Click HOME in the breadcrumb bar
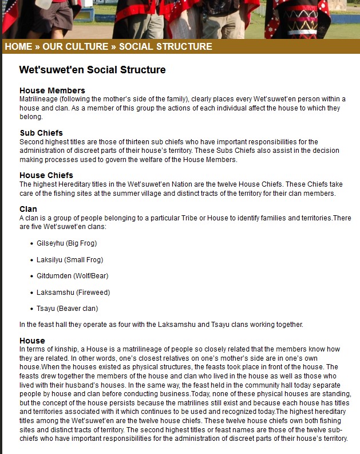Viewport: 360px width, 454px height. click(18, 47)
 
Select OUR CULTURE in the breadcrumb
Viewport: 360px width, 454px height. click(75, 47)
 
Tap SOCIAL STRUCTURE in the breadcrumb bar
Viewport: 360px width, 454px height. click(165, 47)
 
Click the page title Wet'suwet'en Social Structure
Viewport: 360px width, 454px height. click(92, 70)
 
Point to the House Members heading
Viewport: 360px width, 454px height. click(52, 90)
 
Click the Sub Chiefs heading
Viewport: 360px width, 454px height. click(41, 133)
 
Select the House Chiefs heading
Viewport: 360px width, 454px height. click(46, 175)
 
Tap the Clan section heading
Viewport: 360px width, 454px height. click(28, 209)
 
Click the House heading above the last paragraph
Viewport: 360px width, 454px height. click(32, 341)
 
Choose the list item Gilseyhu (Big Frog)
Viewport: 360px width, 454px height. click(66, 243)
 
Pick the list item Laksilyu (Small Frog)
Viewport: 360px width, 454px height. click(70, 260)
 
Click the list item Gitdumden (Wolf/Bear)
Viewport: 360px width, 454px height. click(72, 276)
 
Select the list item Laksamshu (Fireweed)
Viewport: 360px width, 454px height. click(73, 293)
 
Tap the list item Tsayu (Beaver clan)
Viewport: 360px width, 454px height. click(67, 309)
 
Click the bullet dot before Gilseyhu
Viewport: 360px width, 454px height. click(31, 244)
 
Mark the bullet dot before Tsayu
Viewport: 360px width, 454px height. click(31, 309)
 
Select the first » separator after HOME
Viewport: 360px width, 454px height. click(37, 47)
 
